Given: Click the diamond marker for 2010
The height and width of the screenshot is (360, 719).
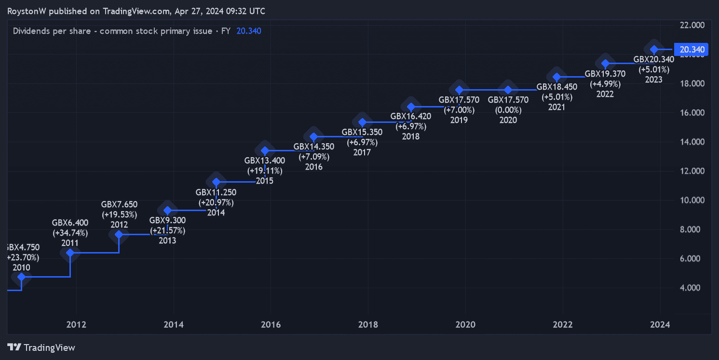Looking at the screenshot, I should [x=21, y=277].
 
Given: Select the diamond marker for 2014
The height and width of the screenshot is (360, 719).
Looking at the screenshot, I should [x=216, y=182].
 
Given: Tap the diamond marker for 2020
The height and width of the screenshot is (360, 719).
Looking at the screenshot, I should [x=508, y=90].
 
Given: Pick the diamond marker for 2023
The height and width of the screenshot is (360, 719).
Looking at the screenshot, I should [x=654, y=49].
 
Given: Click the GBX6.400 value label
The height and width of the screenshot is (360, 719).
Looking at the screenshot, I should [x=70, y=223].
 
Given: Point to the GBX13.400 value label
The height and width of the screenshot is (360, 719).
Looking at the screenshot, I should [x=265, y=160].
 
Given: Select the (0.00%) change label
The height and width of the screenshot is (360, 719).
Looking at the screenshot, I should [x=508, y=110].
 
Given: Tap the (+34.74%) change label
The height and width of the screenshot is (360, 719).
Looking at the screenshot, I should [x=70, y=233].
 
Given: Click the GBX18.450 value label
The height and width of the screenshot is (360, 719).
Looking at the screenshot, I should [x=556, y=87].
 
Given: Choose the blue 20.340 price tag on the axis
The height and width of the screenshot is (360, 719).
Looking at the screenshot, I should [x=692, y=49].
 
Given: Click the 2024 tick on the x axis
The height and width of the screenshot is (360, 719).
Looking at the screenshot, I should [x=660, y=324].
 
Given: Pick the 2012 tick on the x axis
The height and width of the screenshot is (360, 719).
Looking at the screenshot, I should [x=76, y=324].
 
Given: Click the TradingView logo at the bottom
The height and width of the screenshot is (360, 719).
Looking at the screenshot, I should [x=41, y=347].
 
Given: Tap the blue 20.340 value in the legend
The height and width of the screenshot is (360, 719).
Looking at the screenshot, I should [x=249, y=31].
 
